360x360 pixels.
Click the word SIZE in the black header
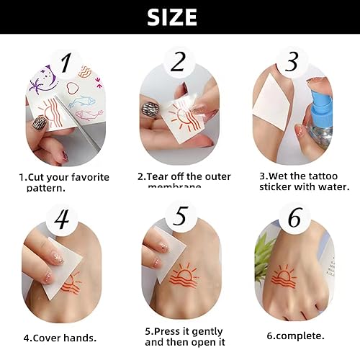point(179,17)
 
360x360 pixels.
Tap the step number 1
point(66,64)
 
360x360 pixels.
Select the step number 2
point(177,64)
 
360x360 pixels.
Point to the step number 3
point(292,63)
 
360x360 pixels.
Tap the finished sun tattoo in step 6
point(283,276)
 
